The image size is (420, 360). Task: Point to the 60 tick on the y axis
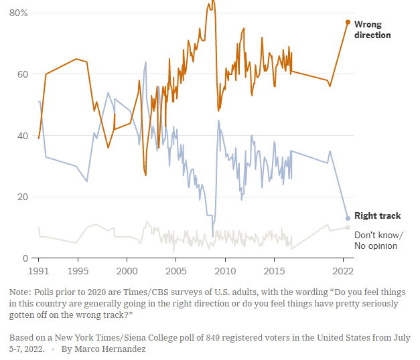21,74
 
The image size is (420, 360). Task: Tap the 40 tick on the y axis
21,136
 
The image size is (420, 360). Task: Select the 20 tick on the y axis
21,197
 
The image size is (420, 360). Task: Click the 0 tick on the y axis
24,258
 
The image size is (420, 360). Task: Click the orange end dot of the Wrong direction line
348,22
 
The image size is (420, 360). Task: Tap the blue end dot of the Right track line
348,218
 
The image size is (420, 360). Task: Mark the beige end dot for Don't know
348,228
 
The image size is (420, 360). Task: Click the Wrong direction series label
372,29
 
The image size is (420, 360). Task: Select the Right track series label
378,216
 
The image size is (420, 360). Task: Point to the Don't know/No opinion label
378,240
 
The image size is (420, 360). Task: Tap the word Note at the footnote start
20,293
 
